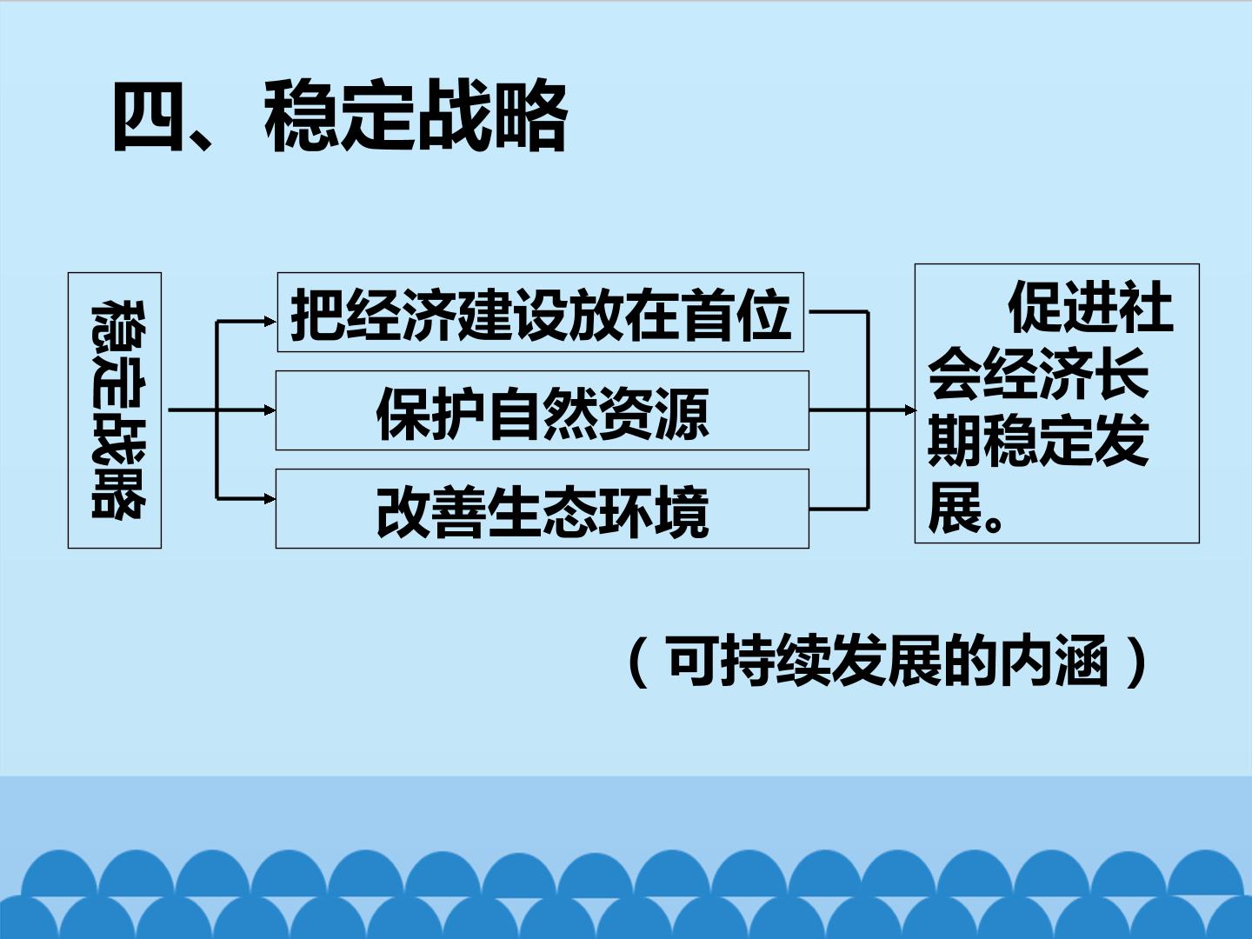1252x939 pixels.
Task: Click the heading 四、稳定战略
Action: (x=340, y=117)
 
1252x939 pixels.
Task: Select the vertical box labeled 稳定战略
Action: (x=115, y=410)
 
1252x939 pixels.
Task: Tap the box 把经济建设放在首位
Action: (x=540, y=312)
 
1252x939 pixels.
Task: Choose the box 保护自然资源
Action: (x=542, y=410)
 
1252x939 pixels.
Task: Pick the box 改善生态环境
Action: (x=542, y=509)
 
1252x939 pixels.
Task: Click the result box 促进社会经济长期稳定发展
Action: (x=1057, y=403)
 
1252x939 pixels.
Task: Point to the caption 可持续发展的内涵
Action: (x=888, y=662)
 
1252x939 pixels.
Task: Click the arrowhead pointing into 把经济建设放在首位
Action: (x=270, y=322)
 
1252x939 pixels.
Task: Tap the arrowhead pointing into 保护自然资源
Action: (x=270, y=410)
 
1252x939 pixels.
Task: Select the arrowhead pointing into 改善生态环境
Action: (x=270, y=499)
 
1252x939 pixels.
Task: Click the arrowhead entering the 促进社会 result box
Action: (x=909, y=410)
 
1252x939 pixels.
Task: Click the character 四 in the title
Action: (x=149, y=117)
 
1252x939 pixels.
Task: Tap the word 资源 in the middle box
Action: (x=655, y=413)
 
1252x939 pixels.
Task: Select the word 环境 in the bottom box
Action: (x=655, y=511)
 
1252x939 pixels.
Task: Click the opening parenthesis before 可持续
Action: (x=637, y=662)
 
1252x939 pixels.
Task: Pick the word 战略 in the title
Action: (x=492, y=117)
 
